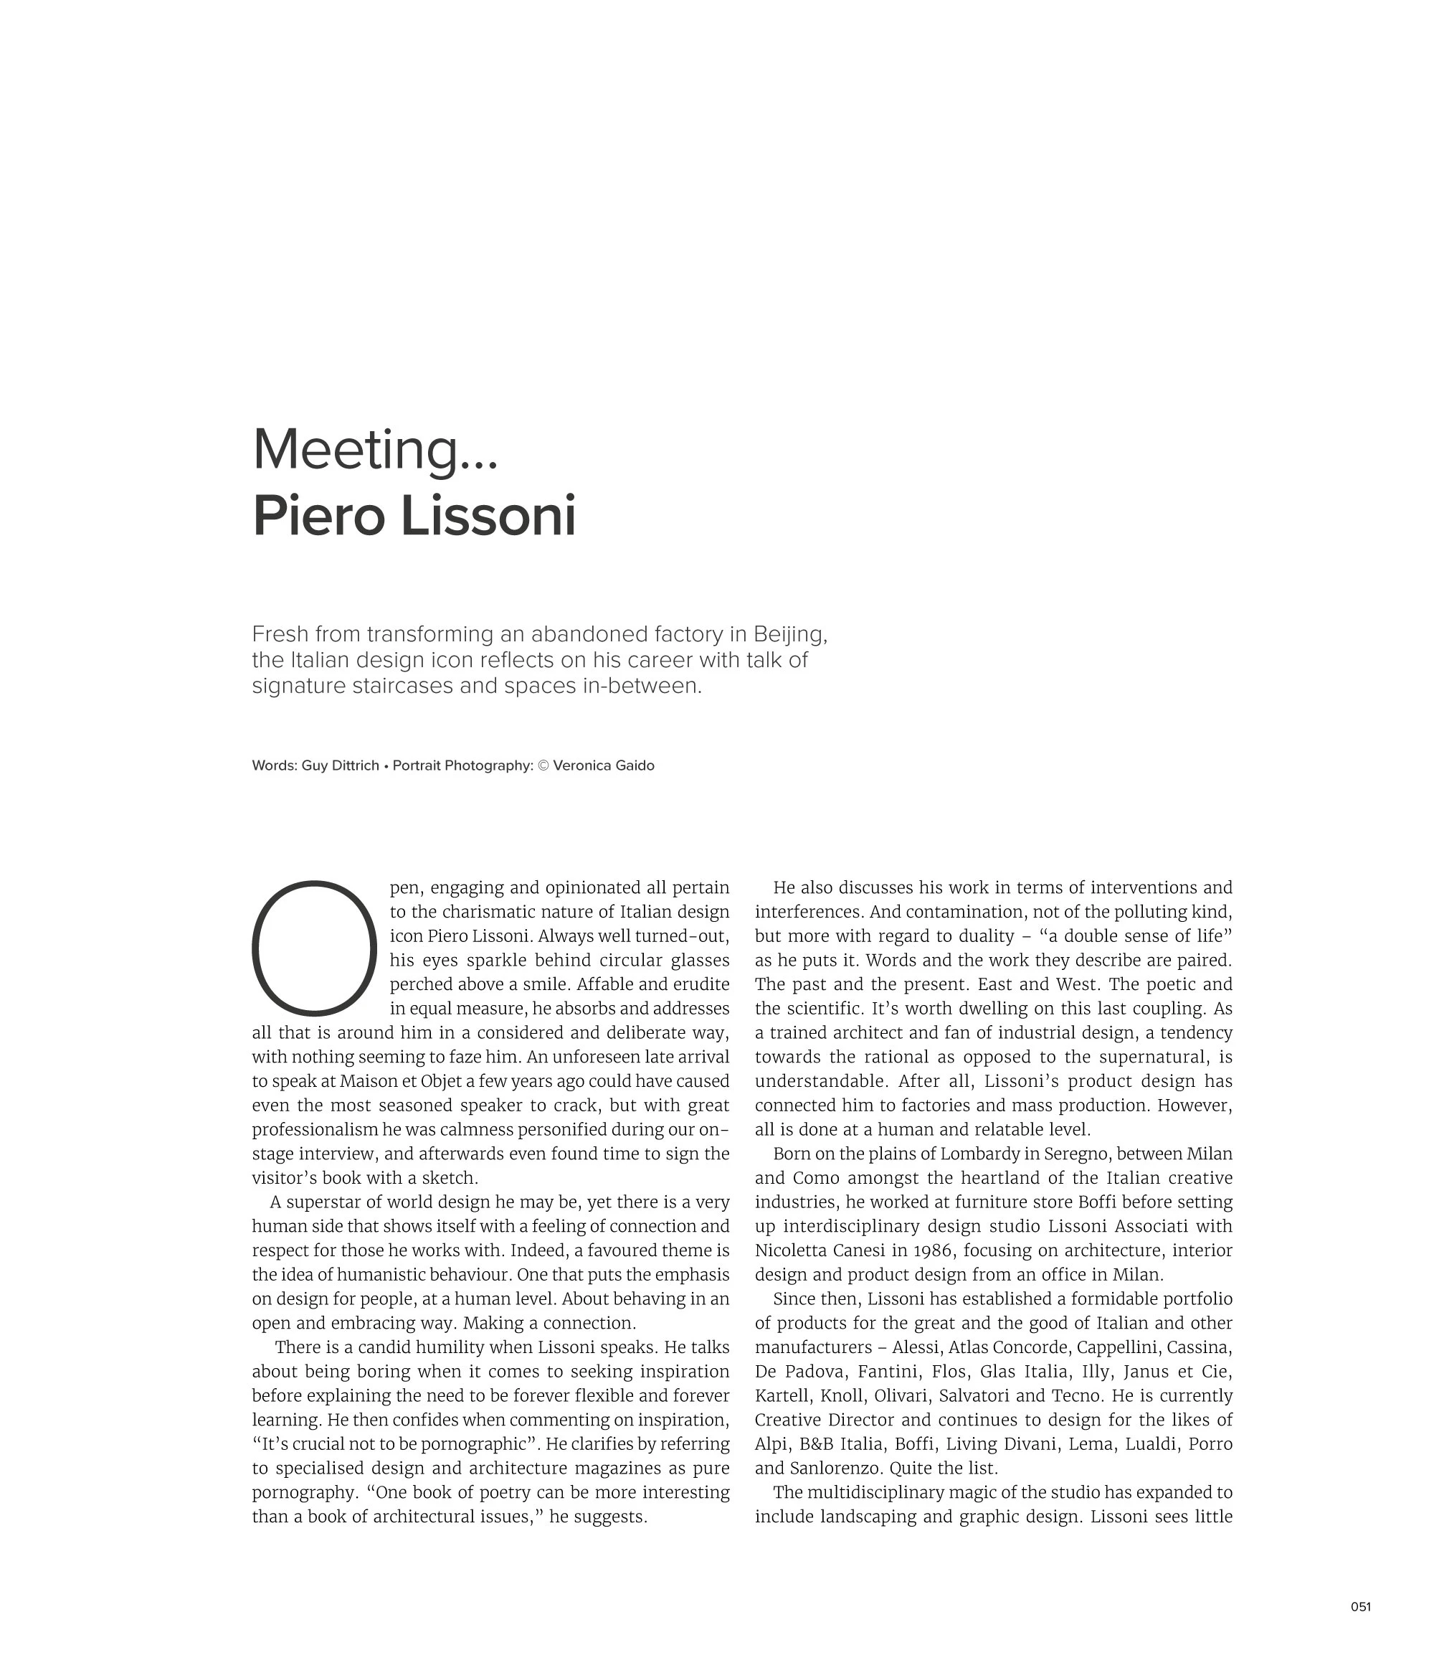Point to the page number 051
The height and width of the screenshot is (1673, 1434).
coord(1361,1607)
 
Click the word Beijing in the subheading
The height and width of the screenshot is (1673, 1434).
coord(790,634)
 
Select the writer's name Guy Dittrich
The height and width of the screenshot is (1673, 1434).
coord(340,765)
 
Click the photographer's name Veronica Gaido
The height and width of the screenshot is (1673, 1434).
coord(604,765)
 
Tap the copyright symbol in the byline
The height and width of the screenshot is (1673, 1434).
coord(543,765)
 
